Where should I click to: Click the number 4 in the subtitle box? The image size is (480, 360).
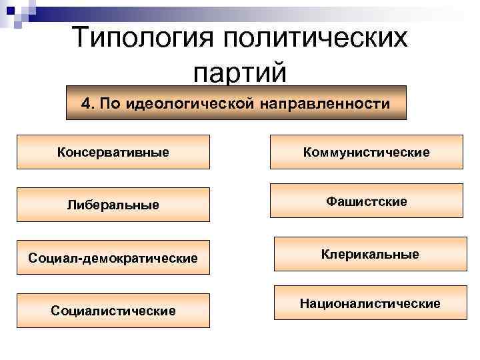85,104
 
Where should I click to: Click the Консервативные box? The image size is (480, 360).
113,152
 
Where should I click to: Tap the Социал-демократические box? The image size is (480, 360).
113,257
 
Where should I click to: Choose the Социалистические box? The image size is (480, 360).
113,311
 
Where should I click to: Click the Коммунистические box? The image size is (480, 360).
366,152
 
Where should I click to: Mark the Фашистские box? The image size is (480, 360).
366,201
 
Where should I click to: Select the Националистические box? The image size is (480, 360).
370,303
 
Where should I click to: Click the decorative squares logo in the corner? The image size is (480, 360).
16,13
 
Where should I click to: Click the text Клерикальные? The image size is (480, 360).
370,254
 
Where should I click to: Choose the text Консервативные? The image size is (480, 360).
113,152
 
